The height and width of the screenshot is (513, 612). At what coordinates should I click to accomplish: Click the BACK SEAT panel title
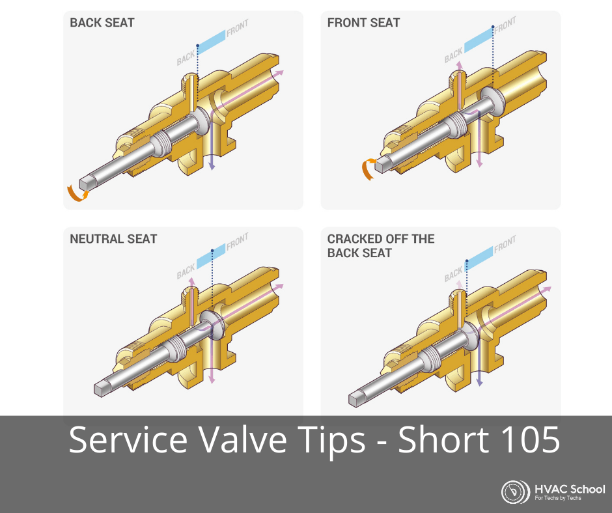102,23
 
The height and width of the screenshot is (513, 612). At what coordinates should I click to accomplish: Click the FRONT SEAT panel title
363,23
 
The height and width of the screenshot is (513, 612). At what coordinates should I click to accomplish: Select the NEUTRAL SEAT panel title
113,238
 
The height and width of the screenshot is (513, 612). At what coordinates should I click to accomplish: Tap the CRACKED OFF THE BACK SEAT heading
381,245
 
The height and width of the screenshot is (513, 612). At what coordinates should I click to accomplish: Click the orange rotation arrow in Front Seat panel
367,169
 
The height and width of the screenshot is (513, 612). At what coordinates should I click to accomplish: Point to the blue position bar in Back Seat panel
211,40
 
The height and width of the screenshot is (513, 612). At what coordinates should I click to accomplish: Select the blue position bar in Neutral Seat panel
211,256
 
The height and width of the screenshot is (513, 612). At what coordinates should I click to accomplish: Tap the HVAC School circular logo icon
515,492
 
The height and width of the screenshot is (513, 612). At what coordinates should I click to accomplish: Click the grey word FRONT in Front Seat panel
505,25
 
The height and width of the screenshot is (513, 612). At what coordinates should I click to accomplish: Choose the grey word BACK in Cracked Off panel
454,275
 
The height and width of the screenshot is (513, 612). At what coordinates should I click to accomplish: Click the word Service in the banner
128,439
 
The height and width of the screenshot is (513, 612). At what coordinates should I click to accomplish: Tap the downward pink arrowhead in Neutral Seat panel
212,379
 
